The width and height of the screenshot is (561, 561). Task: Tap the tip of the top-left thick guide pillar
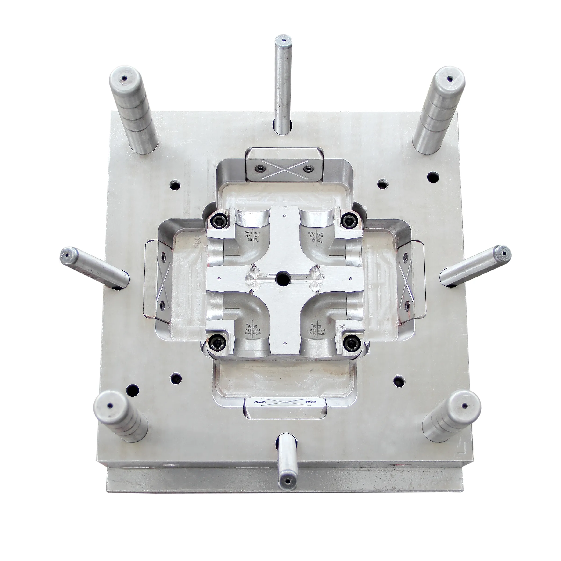tap(124, 78)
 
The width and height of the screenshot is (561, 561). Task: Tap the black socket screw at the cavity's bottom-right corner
tap(351, 344)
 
